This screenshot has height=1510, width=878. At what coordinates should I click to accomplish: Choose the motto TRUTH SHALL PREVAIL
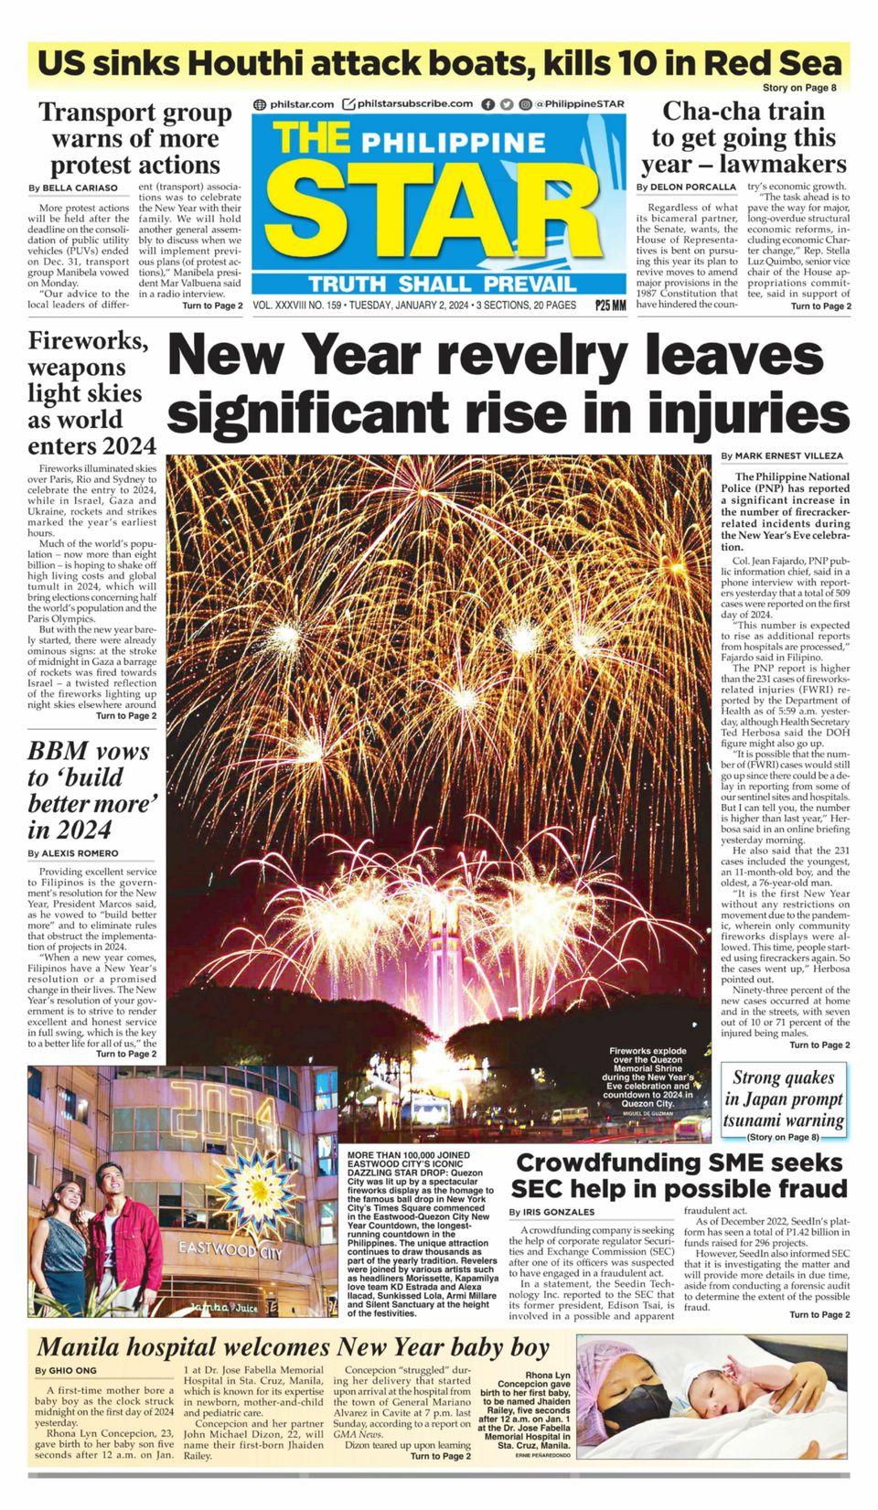[x=443, y=284]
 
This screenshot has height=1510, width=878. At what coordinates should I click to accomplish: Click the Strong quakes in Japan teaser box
[x=785, y=1100]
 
